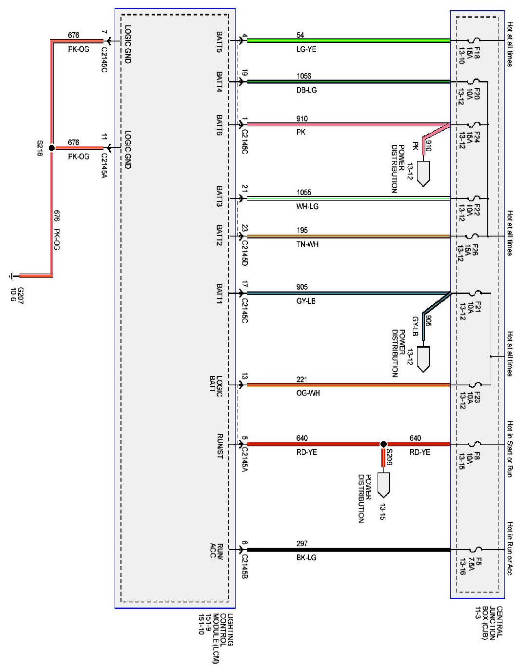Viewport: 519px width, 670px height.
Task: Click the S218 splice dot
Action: [x=52, y=147]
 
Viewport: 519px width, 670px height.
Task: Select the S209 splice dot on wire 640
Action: [x=383, y=444]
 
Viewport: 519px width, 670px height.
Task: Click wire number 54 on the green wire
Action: [x=300, y=35]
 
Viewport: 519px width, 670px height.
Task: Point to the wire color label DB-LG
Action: [x=306, y=90]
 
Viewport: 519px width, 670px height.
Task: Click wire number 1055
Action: [x=303, y=193]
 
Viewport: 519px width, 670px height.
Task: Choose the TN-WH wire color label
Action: [x=307, y=244]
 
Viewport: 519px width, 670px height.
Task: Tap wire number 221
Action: [x=302, y=379]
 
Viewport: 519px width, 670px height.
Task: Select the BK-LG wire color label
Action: [x=306, y=557]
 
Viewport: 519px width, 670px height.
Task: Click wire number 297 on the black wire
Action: [x=302, y=544]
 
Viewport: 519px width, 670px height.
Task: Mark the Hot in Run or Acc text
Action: [x=510, y=549]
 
